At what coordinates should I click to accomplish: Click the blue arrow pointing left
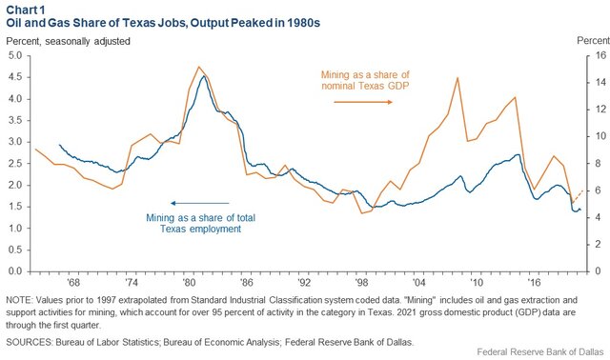(199, 202)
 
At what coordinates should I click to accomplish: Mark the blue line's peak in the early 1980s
(202, 76)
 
